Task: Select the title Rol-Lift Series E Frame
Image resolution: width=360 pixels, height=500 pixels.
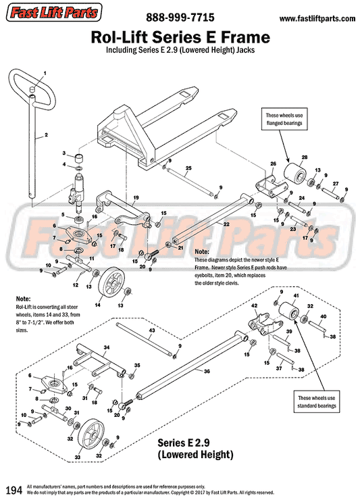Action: [x=180, y=36]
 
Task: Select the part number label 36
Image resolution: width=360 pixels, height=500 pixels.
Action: [x=207, y=371]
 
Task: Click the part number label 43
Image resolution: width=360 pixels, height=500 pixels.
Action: [x=152, y=330]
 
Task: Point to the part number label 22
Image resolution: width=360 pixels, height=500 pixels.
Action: [x=226, y=224]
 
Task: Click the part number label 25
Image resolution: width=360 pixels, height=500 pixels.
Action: [x=189, y=168]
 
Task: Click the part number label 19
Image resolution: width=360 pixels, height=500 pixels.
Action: [x=135, y=199]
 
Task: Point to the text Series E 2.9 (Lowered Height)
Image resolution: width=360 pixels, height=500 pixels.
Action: [x=195, y=448]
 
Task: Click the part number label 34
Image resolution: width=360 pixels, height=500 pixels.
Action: [x=106, y=347]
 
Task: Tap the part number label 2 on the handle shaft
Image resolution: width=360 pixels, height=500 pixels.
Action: [x=46, y=135]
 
